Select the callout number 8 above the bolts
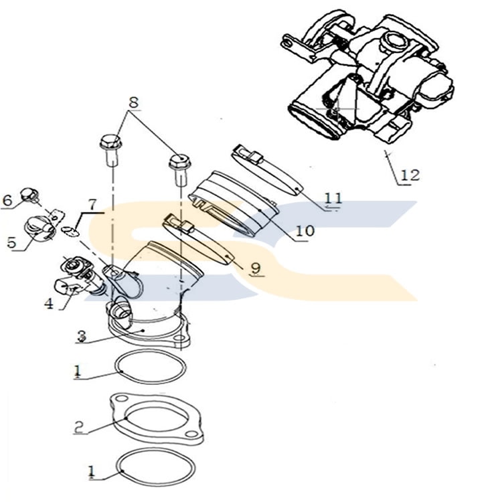click(x=134, y=102)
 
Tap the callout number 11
click(x=333, y=198)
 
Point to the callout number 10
click(x=305, y=230)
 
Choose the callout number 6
click(x=8, y=199)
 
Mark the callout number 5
click(x=11, y=242)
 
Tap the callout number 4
click(x=48, y=303)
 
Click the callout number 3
click(x=81, y=337)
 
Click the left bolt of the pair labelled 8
click(x=110, y=149)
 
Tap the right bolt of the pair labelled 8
click(x=178, y=166)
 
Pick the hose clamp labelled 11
click(x=268, y=170)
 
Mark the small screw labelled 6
click(x=27, y=195)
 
